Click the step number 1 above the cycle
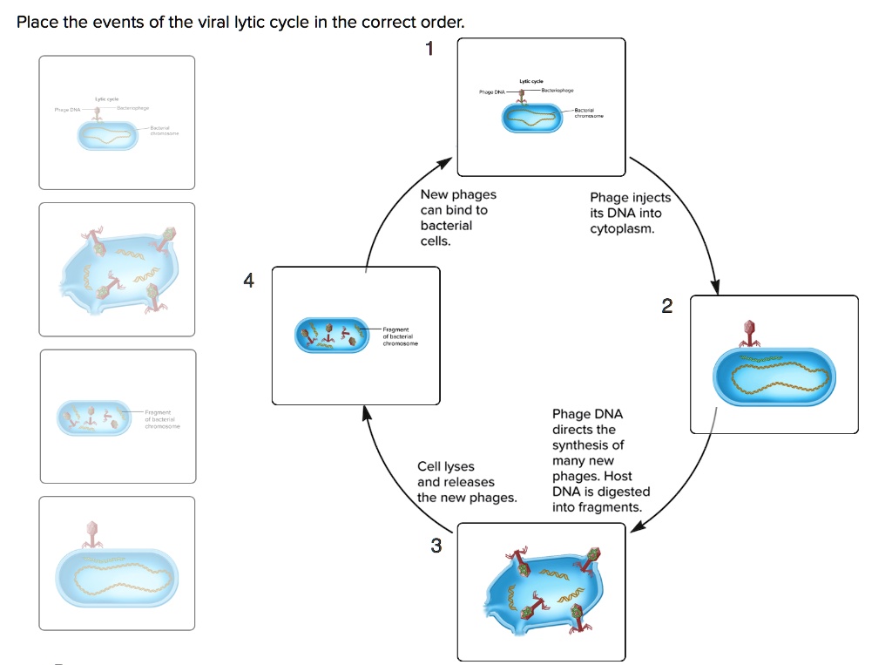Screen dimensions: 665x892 pyautogui.click(x=428, y=49)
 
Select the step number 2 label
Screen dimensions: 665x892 pyautogui.click(x=667, y=306)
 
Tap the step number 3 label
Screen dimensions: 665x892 pyautogui.click(x=436, y=546)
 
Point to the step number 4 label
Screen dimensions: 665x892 pyautogui.click(x=249, y=281)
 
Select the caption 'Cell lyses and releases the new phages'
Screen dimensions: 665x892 pyautogui.click(x=466, y=482)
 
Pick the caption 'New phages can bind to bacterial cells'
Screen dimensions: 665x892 pyautogui.click(x=457, y=218)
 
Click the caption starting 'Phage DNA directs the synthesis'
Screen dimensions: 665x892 pyautogui.click(x=599, y=460)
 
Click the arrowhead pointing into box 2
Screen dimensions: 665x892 pyautogui.click(x=717, y=287)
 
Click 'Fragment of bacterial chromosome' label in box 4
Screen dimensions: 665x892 pyautogui.click(x=400, y=336)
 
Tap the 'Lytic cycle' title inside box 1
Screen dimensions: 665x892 pyautogui.click(x=531, y=81)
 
